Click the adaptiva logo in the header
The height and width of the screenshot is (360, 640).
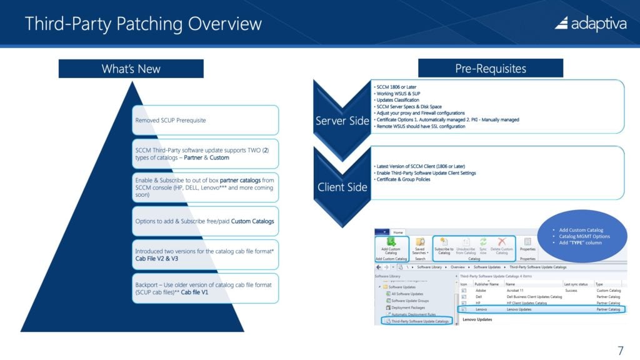pyautogui.click(x=590, y=23)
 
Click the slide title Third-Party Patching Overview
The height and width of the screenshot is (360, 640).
pyautogui.click(x=143, y=24)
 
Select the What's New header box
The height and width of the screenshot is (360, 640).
pyautogui.click(x=131, y=69)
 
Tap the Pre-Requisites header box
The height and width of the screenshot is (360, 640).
pyautogui.click(x=491, y=68)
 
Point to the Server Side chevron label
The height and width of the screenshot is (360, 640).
pyautogui.click(x=342, y=121)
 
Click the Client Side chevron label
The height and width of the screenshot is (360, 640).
pyautogui.click(x=342, y=187)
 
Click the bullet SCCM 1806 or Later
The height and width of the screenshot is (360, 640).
pyautogui.click(x=397, y=87)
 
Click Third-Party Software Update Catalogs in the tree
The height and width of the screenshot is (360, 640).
pyautogui.click(x=416, y=321)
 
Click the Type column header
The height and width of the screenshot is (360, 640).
pyautogui.click(x=600, y=283)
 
